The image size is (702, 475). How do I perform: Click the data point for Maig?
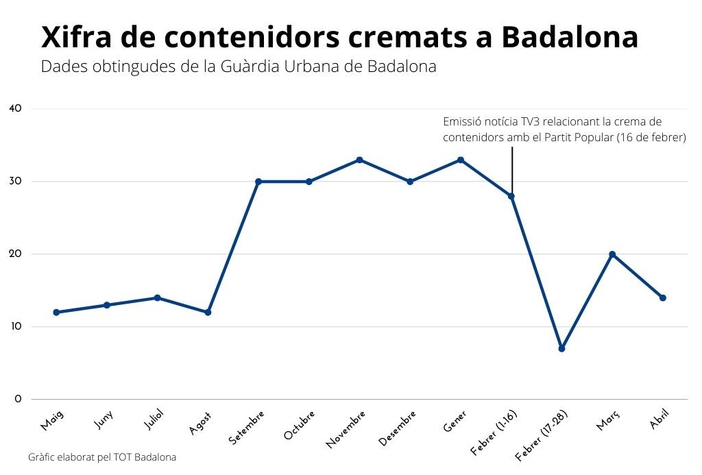[x=56, y=313]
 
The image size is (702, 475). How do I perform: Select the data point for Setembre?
[x=258, y=182]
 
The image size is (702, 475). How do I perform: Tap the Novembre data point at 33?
[x=359, y=160]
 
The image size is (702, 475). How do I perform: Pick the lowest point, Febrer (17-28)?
[x=561, y=349]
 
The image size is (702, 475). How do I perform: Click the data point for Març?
[x=612, y=254]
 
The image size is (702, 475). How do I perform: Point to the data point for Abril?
[x=663, y=298]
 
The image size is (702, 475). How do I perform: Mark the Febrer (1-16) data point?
[x=511, y=196]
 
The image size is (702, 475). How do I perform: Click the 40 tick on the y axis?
[x=15, y=108]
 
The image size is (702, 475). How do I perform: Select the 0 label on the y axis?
[x=17, y=399]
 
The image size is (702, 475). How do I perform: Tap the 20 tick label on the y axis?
[x=15, y=254]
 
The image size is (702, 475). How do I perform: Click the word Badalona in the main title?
[x=570, y=38]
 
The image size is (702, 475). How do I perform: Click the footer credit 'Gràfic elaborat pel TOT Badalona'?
[x=102, y=457]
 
